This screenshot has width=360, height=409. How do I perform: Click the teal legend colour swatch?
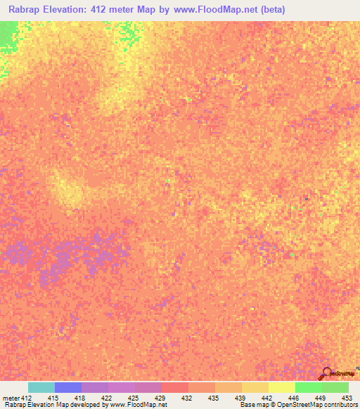[41, 387]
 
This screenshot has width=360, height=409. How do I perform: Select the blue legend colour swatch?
[68, 387]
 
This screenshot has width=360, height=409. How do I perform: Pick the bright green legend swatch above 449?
[308, 387]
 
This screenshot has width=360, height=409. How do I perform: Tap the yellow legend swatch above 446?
[281, 387]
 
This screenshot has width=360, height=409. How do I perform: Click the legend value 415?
[53, 397]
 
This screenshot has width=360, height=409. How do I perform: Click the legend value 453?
[346, 397]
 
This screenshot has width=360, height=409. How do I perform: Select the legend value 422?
[106, 397]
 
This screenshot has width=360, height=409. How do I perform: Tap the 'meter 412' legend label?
[18, 397]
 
